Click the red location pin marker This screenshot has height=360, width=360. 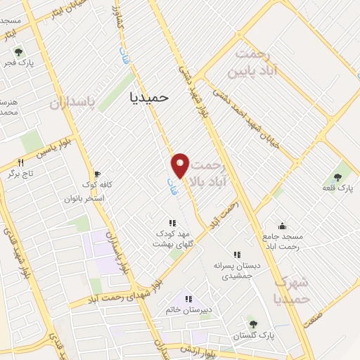tap(180, 165)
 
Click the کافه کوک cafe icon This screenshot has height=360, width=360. tap(97, 174)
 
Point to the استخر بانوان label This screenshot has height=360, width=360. tap(103, 198)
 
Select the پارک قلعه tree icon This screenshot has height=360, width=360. tap(337, 177)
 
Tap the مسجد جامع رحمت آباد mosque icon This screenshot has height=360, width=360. tap(282, 226)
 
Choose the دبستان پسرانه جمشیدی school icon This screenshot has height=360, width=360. tap(237, 255)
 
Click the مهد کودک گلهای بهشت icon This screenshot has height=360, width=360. tap(173, 223)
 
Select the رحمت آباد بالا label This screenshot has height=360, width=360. tap(212, 172)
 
